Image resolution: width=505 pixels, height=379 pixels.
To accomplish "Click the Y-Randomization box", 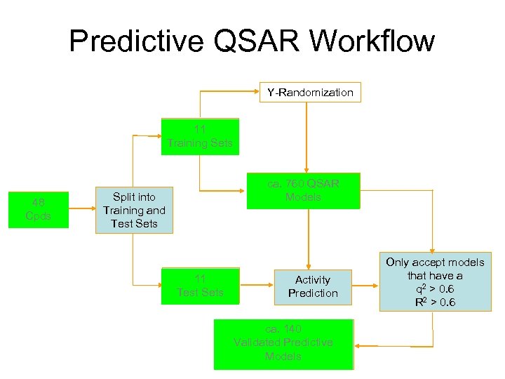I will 310,93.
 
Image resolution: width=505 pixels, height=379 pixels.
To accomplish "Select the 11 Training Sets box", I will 200,137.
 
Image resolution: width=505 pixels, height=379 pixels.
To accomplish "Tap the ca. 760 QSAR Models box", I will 303,191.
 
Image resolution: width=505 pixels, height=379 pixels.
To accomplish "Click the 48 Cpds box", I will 38,210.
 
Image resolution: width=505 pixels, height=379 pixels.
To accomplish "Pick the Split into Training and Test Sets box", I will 134,211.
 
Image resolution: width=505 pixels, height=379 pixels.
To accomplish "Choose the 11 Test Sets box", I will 200,286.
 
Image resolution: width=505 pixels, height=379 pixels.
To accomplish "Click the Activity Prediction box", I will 313,286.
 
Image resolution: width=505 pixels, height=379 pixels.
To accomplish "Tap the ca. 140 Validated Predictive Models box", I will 283,343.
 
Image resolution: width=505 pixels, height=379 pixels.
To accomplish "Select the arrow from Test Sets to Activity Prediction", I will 255,286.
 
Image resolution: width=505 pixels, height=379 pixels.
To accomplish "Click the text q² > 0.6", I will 435,289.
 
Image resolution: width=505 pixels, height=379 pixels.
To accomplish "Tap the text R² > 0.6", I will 435,302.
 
